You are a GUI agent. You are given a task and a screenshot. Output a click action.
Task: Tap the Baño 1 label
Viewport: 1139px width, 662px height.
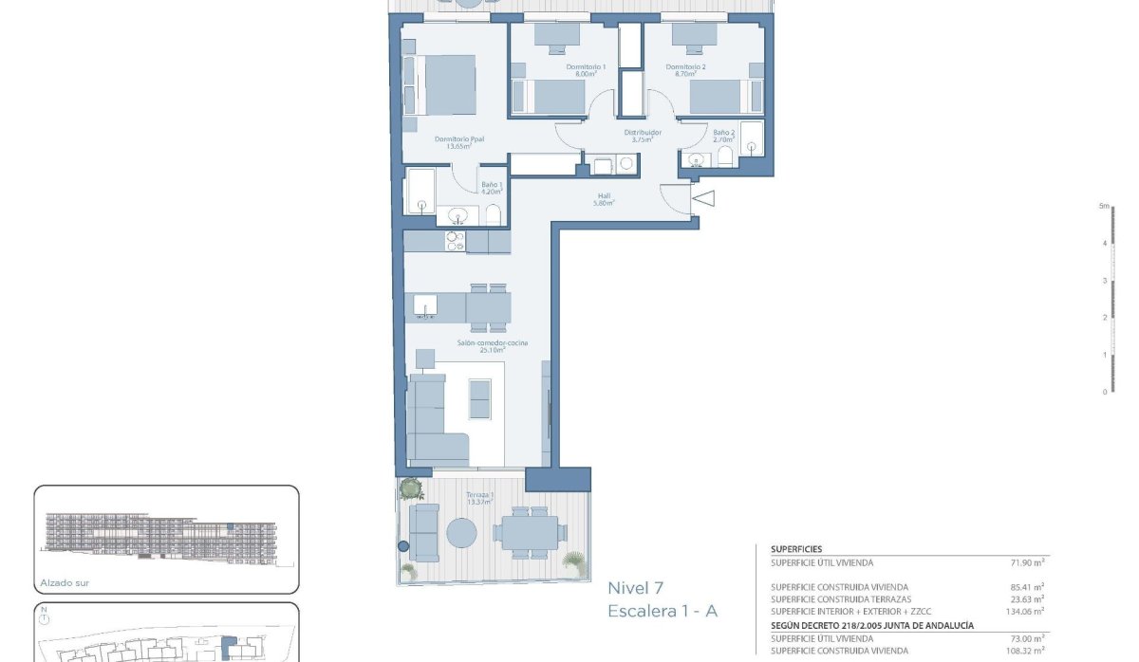(491, 188)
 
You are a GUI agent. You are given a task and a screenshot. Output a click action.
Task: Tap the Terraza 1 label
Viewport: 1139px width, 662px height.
(479, 499)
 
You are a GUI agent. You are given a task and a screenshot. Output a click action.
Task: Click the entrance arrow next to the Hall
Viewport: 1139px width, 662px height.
(703, 198)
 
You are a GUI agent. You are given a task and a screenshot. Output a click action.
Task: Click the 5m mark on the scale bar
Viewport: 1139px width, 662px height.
(1104, 206)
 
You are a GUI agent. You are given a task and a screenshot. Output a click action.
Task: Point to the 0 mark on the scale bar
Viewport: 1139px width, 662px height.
(1104, 391)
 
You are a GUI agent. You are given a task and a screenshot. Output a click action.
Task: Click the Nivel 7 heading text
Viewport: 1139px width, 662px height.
(636, 588)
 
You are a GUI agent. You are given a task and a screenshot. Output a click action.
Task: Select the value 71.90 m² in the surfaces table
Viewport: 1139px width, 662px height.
(1027, 562)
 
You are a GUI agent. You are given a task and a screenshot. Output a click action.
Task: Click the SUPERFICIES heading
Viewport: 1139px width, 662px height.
(796, 549)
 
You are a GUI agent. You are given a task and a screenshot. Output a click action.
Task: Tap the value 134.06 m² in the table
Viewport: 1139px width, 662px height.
(1025, 612)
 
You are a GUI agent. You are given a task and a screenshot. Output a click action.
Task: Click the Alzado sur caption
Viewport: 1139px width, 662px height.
(65, 583)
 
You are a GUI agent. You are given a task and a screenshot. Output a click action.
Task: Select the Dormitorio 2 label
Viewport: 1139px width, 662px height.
(685, 67)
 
